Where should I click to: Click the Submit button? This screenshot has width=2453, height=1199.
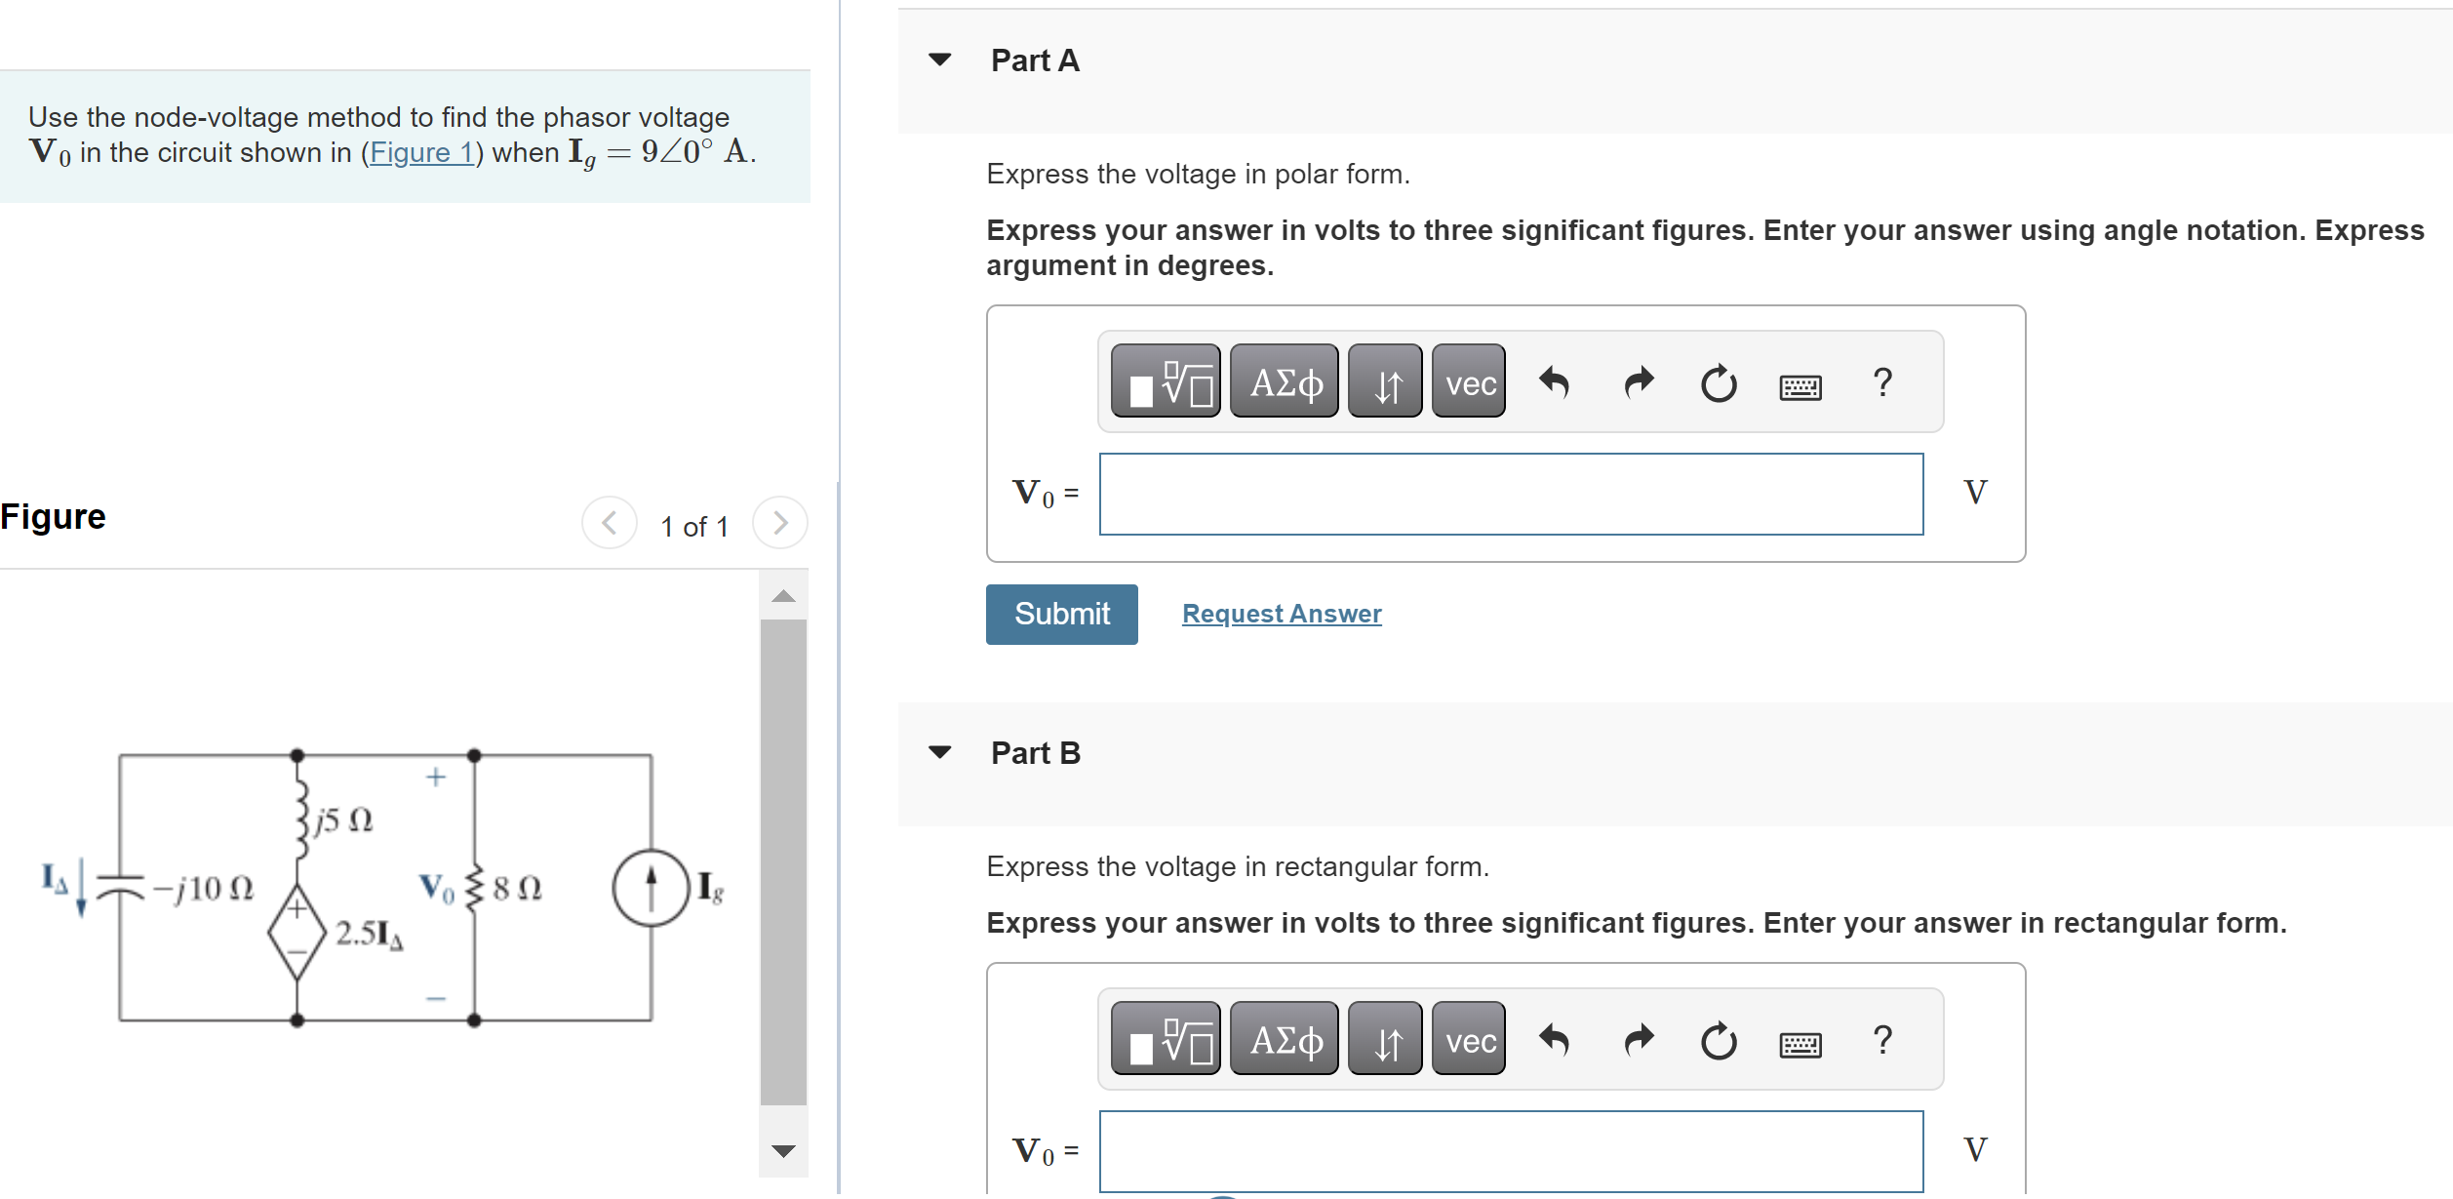pyautogui.click(x=1061, y=614)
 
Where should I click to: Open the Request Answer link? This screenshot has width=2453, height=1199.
pyautogui.click(x=1282, y=614)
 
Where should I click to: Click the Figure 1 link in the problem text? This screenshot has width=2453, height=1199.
pyautogui.click(x=421, y=153)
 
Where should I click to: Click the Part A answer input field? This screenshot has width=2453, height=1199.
pyautogui.click(x=1511, y=494)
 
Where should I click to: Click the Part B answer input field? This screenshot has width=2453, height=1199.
pyautogui.click(x=1511, y=1151)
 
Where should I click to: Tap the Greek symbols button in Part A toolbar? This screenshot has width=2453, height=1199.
pyautogui.click(x=1285, y=381)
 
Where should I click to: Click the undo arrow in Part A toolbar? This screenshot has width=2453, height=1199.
pyautogui.click(x=1554, y=382)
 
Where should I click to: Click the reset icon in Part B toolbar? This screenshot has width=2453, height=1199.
pyautogui.click(x=1719, y=1041)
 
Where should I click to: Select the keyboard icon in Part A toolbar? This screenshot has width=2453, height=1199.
pyautogui.click(x=1800, y=387)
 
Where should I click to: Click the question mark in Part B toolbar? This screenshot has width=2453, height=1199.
pyautogui.click(x=1883, y=1040)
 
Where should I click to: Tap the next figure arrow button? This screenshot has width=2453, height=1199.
pyautogui.click(x=780, y=524)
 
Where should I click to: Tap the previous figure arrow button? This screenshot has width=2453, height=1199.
pyautogui.click(x=610, y=524)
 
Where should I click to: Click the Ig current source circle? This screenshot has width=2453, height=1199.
pyautogui.click(x=652, y=888)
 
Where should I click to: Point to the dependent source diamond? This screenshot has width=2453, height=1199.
pyautogui.click(x=297, y=932)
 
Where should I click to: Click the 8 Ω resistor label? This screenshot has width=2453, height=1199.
pyautogui.click(x=517, y=888)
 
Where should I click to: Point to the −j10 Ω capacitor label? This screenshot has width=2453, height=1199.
pyautogui.click(x=203, y=889)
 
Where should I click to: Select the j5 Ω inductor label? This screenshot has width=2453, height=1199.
pyautogui.click(x=343, y=820)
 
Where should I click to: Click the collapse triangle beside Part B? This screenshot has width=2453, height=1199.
pyautogui.click(x=940, y=752)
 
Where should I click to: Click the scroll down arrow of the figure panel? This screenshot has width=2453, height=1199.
pyautogui.click(x=783, y=1151)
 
